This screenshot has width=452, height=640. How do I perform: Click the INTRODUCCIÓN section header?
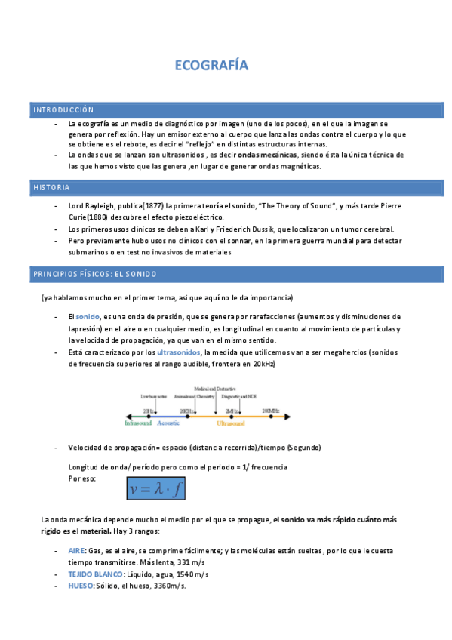tap(63, 110)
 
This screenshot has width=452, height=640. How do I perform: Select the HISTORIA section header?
tap(51, 187)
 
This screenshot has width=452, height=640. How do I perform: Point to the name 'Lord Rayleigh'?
tap(90, 206)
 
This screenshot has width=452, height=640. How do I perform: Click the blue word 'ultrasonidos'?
tap(178, 352)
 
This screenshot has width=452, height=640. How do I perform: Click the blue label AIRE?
tap(76, 552)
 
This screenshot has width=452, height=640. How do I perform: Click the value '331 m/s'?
tap(190, 563)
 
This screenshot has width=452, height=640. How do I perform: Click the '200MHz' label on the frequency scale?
tap(271, 410)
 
